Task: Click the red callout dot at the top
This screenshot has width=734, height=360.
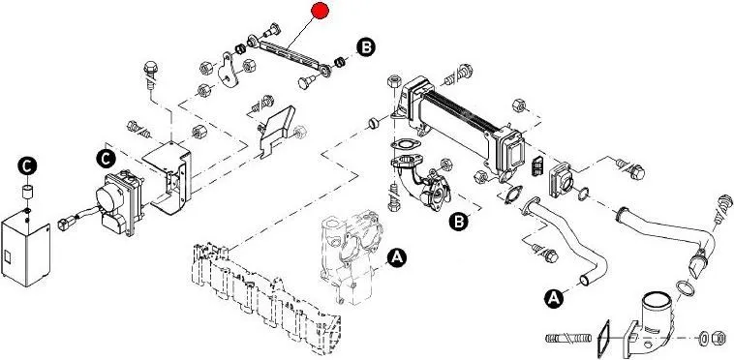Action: coord(321,11)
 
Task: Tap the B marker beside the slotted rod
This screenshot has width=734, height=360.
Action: coord(366,47)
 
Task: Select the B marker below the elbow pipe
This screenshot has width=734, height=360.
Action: coord(459,222)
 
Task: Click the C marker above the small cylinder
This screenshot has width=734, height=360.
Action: coord(28,165)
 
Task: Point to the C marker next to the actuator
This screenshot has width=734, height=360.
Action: coord(106,159)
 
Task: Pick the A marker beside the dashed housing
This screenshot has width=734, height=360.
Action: coord(397,257)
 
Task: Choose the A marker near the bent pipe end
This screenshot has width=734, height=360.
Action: coord(554,298)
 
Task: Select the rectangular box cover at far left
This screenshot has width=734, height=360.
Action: coord(26,248)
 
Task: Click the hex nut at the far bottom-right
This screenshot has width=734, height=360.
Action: coord(719,338)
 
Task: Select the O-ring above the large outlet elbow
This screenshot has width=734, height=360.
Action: coord(686,288)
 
